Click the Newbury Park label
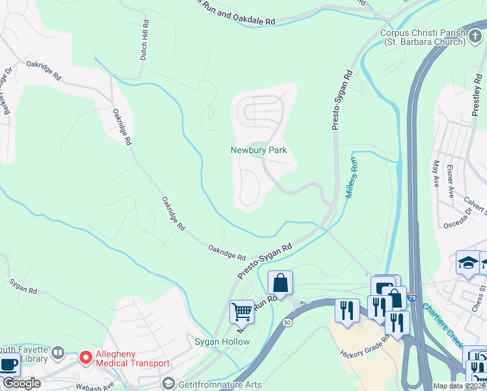tap(258, 151)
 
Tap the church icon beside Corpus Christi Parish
tap(474, 35)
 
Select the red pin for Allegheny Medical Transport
tap(85, 358)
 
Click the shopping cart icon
tap(242, 311)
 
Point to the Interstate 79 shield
tap(412, 297)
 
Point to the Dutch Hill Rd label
tap(145, 40)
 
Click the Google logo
tap(21, 383)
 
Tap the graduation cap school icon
tap(467, 262)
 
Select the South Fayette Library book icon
tap(58, 353)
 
